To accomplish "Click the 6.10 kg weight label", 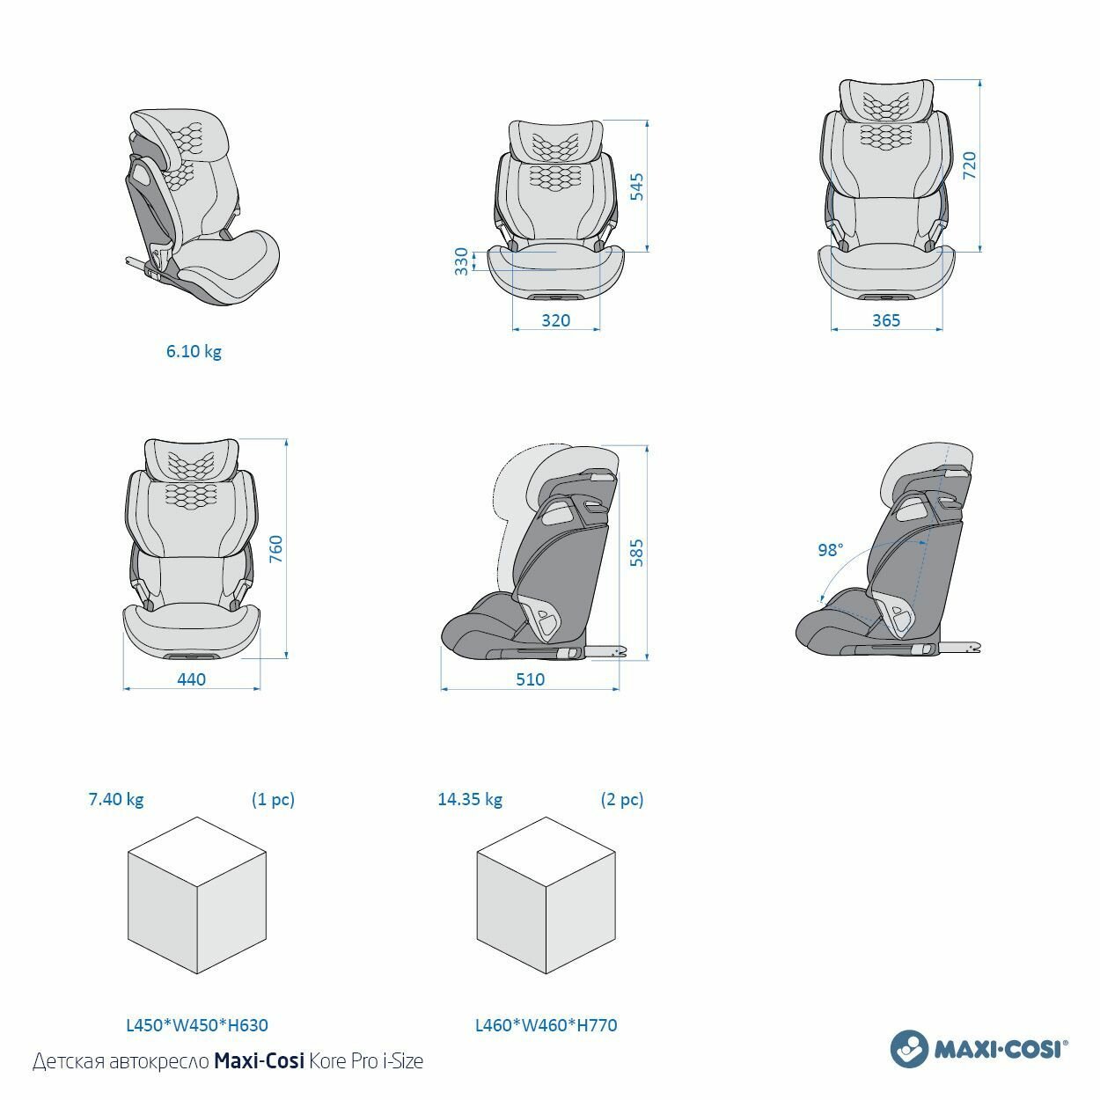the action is [194, 351].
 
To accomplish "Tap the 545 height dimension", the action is [637, 187].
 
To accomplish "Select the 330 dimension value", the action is [461, 261].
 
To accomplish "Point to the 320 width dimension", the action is [555, 320].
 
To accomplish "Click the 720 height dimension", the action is [969, 165].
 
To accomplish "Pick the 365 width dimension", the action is [885, 320].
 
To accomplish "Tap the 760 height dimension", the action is [275, 549].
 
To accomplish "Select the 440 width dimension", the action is [191, 679].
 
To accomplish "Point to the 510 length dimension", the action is [530, 679].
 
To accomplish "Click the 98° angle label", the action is [830, 550].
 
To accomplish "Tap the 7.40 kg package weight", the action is [115, 799].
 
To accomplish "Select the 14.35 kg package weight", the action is [470, 799].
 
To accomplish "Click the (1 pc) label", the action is [273, 799].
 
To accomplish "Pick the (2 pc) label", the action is [622, 799].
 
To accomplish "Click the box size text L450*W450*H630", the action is [197, 1024].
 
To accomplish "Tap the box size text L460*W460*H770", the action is [546, 1024].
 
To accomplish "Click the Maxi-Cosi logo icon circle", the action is [910, 1048].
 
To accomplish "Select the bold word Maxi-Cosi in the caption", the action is [259, 1061].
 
